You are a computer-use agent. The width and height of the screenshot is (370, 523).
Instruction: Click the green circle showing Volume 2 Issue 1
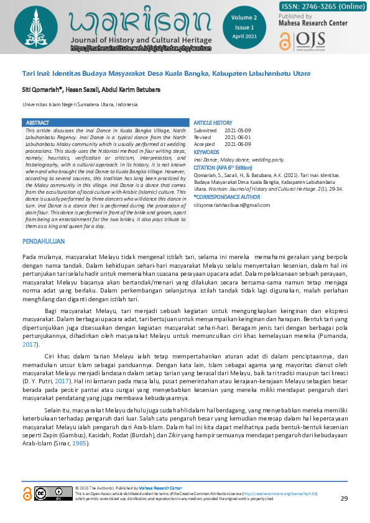click(x=243, y=29)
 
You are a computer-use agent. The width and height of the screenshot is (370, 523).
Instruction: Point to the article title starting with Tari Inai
click(x=166, y=74)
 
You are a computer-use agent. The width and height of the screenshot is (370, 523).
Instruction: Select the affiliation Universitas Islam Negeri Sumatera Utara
click(x=80, y=105)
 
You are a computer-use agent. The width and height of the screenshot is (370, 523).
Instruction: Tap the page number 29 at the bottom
click(x=344, y=499)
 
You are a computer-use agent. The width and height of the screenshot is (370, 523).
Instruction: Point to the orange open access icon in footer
click(x=27, y=494)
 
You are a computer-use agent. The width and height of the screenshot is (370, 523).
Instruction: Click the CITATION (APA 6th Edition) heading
click(x=223, y=168)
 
